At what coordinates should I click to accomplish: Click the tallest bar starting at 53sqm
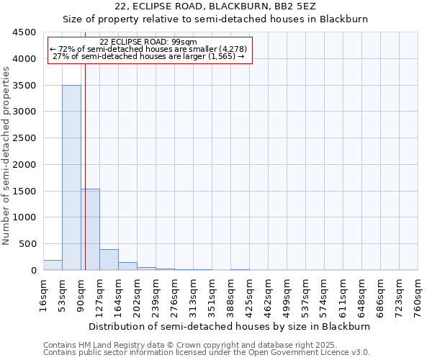71,177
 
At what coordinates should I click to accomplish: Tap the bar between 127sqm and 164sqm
109,259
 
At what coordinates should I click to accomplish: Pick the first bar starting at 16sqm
53,265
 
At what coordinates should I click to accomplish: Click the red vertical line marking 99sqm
85,166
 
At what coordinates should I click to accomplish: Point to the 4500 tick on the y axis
24,32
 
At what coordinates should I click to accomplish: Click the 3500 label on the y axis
24,86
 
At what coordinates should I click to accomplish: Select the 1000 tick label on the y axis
24,217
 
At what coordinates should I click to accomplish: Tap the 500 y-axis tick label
27,244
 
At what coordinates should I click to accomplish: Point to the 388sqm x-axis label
231,295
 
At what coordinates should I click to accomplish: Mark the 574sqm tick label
325,295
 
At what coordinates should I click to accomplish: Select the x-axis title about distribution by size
230,326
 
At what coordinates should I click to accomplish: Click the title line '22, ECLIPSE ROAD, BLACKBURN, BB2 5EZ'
215,7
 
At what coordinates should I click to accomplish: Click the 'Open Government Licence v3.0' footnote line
207,353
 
